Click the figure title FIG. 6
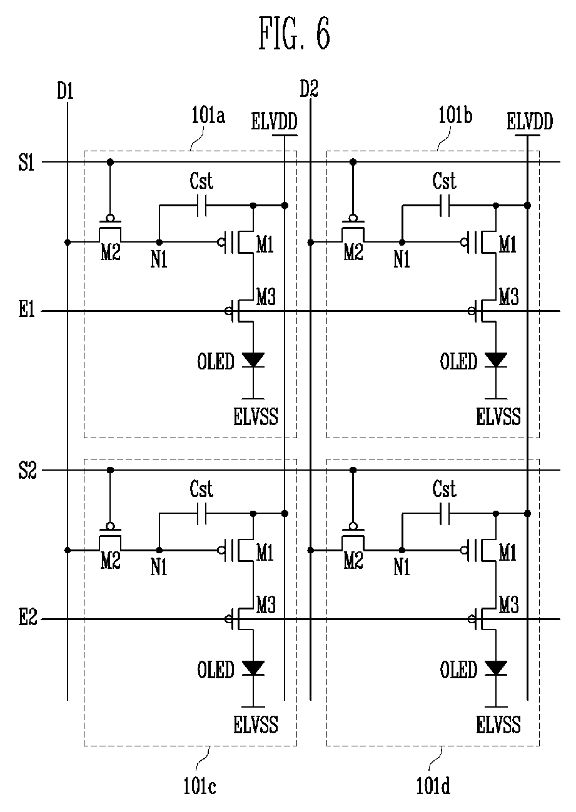click(294, 34)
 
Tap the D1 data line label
click(65, 91)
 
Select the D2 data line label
click(309, 89)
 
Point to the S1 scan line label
click(26, 162)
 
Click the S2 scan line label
click(28, 471)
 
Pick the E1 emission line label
click(27, 311)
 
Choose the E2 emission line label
click(28, 619)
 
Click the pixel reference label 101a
click(208, 116)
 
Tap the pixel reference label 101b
click(455, 116)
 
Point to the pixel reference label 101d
click(433, 786)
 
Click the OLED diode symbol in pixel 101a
click(253, 360)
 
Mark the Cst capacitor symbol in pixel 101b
click(445, 206)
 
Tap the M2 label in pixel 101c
click(111, 561)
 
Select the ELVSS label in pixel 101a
click(256, 416)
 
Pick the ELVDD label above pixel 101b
click(530, 121)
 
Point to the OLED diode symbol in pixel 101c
click(253, 668)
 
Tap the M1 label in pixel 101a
click(265, 245)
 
